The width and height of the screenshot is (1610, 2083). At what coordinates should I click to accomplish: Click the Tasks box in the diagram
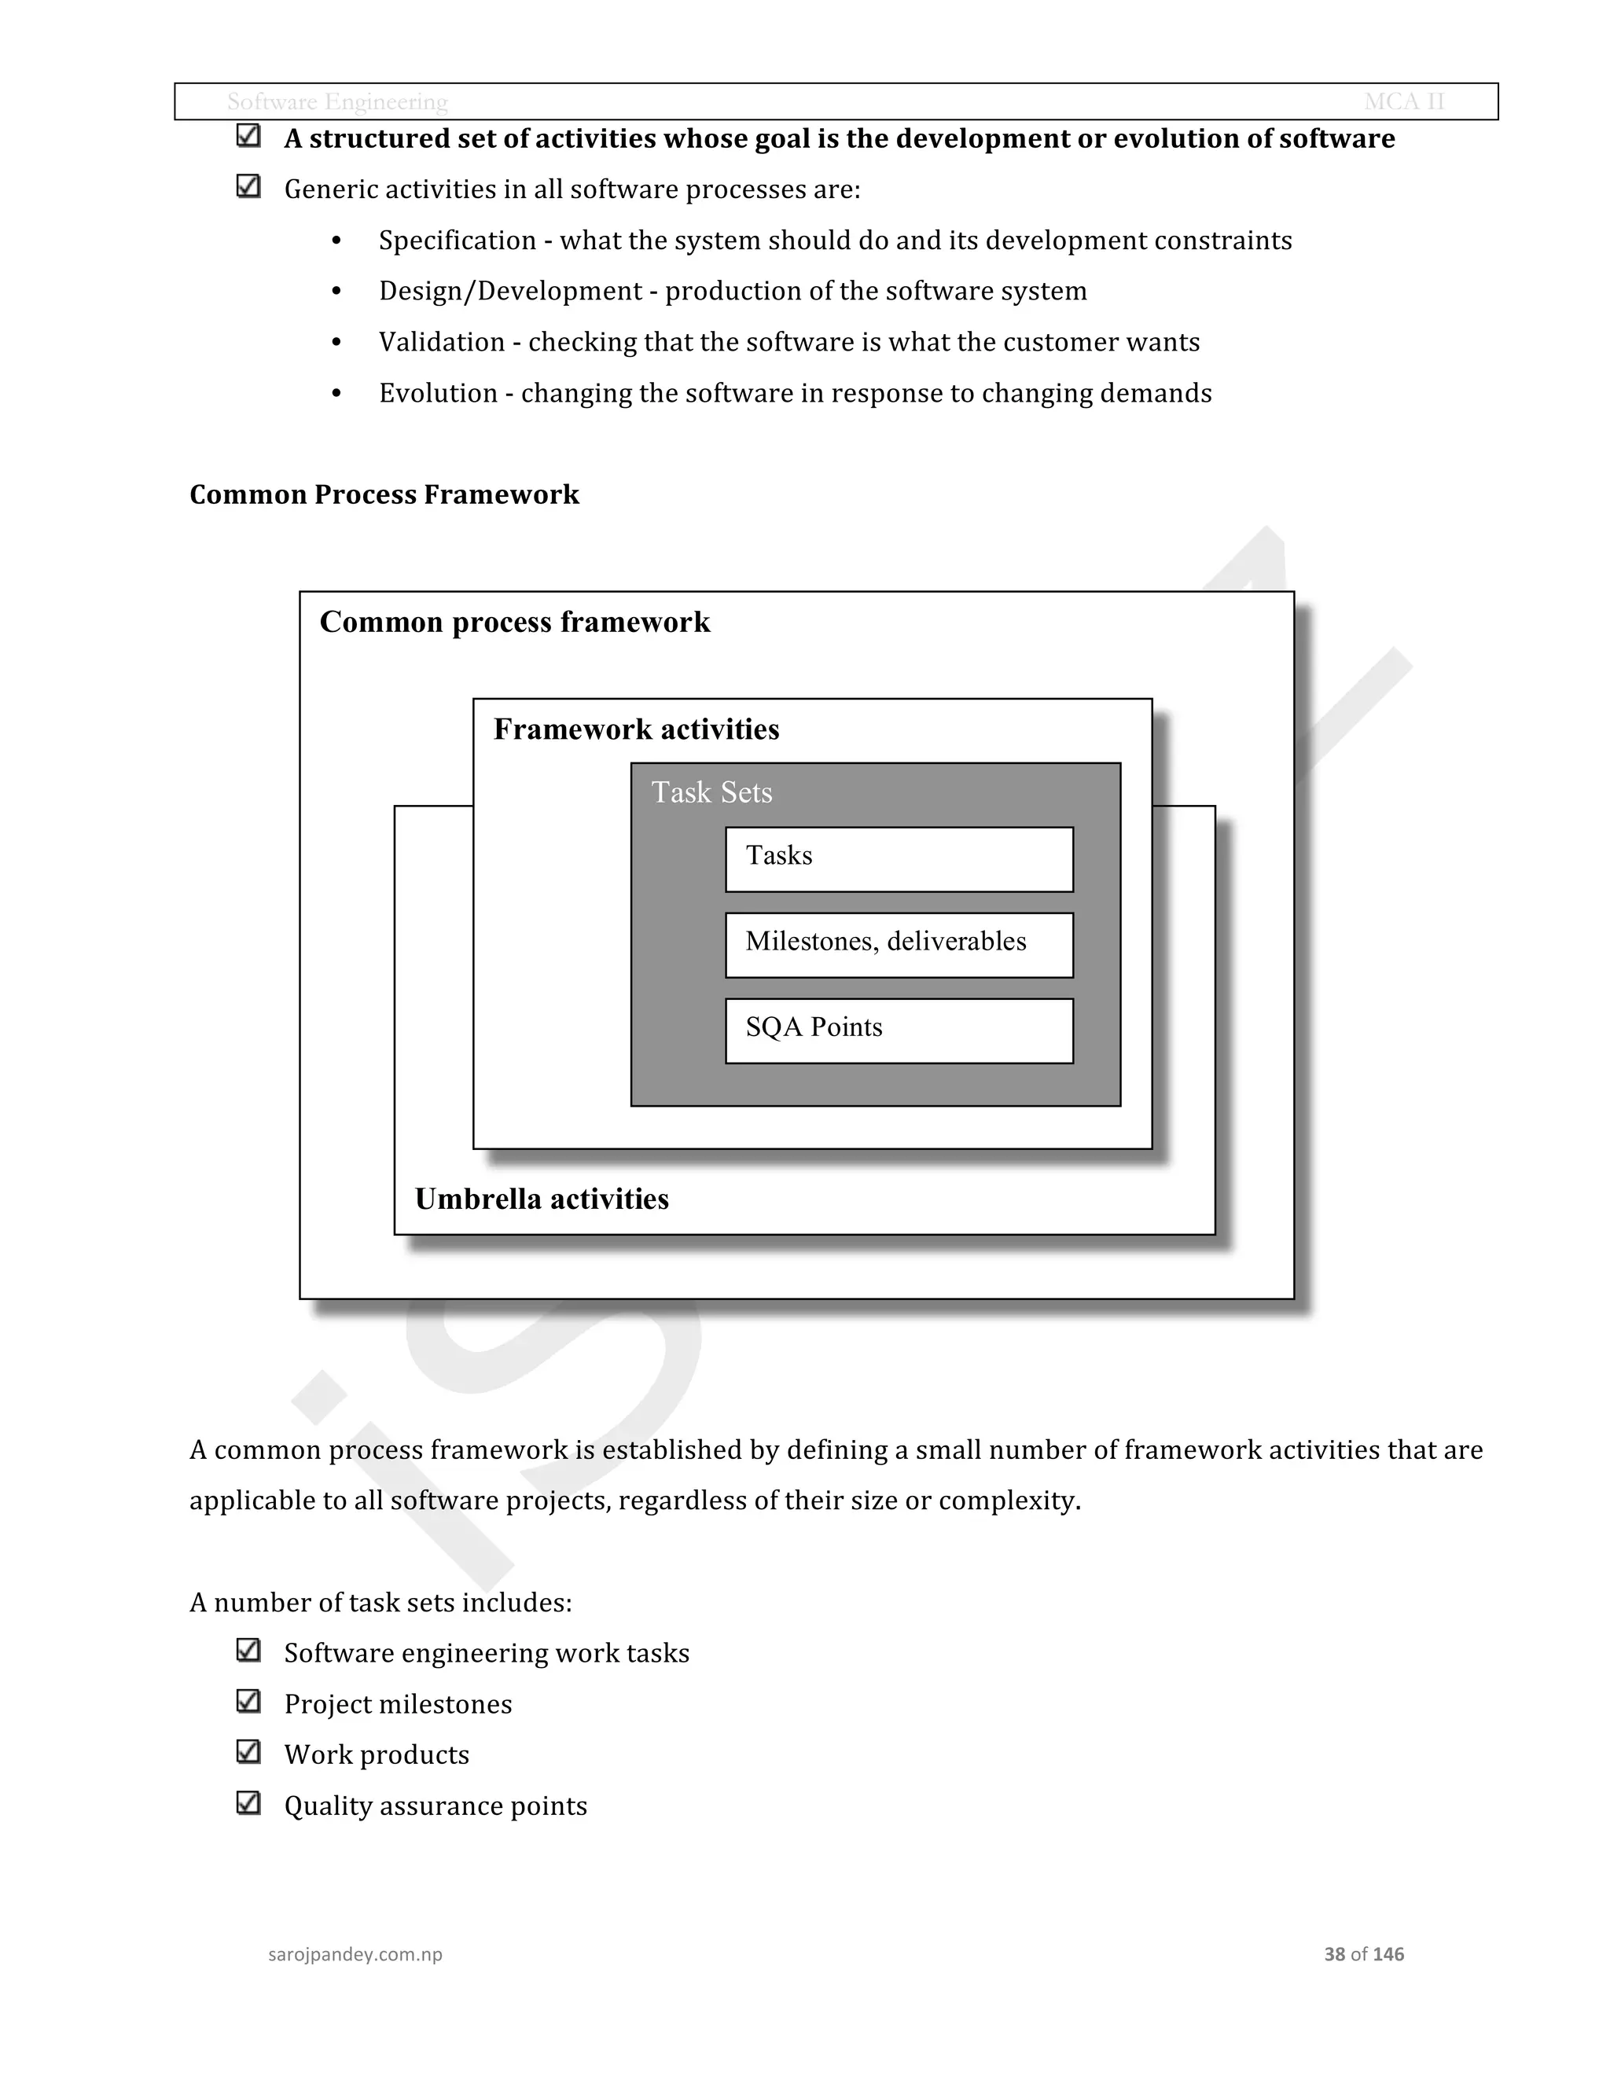coord(899,858)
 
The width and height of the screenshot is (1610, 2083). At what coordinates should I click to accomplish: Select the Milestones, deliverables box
coord(899,944)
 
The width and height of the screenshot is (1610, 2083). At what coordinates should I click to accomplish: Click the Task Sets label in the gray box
coord(711,792)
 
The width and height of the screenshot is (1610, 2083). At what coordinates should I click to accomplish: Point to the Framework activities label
coord(636,729)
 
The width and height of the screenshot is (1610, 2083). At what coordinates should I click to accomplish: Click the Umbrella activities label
coord(542,1199)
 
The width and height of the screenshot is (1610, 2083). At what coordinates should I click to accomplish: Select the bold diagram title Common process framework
coord(514,622)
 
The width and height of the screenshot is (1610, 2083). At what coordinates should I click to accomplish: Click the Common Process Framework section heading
coord(384,494)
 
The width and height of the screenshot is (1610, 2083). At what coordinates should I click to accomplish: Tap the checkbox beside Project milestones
coord(248,1702)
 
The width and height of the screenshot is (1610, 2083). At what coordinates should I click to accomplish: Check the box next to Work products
coord(248,1752)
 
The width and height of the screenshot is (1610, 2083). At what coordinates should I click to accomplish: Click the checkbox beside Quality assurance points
coord(248,1803)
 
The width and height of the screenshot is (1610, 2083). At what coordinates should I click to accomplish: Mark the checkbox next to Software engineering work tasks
coord(248,1650)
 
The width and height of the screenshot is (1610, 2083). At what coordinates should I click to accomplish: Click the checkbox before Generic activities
coord(248,186)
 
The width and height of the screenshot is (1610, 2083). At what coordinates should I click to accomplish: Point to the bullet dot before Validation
coord(336,343)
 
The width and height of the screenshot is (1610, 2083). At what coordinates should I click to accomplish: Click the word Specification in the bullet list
coord(457,241)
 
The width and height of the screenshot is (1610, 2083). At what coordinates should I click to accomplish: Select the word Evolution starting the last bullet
coord(438,393)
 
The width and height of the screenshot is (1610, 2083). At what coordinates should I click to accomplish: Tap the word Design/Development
coord(510,291)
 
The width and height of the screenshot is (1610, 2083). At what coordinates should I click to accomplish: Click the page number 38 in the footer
coord(1333,1954)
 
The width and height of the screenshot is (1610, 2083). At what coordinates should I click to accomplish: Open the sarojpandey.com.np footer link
coord(355,1954)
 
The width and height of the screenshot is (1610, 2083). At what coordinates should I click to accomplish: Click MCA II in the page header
coord(1404,102)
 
